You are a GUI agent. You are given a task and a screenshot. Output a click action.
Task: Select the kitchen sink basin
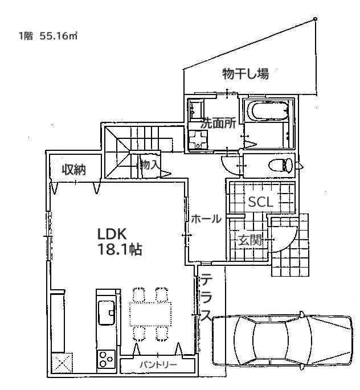(107, 313)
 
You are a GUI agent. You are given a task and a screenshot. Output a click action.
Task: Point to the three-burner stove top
(106, 359)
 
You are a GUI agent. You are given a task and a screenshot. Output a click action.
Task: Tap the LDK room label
(112, 234)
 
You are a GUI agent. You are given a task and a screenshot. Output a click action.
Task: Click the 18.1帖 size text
(120, 249)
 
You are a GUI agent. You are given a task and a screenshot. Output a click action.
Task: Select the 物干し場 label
(246, 73)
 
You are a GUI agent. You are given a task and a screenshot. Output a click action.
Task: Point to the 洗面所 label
(218, 123)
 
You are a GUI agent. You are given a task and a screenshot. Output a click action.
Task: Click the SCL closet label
(260, 202)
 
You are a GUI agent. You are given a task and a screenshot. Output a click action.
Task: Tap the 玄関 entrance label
(250, 240)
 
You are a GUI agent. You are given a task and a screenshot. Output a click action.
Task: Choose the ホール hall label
(206, 219)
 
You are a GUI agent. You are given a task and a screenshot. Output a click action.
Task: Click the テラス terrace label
(206, 297)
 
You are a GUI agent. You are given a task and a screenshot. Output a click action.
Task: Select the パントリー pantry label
(158, 364)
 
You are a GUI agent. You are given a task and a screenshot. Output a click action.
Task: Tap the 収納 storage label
(73, 170)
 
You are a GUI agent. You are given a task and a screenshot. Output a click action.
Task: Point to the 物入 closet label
(150, 165)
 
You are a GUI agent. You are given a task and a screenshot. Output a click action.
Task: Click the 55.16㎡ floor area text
(58, 36)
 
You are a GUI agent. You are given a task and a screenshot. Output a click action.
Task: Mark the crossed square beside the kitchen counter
(62, 363)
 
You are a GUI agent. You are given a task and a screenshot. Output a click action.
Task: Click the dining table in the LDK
(150, 314)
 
